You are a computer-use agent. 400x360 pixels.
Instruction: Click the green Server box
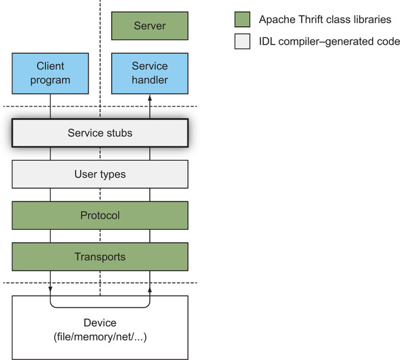click(150, 26)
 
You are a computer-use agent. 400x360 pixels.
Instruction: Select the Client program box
click(50, 73)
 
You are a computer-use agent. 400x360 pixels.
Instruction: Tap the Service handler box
click(150, 73)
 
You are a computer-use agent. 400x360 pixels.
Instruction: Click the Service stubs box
click(100, 133)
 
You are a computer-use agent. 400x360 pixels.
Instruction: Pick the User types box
click(100, 174)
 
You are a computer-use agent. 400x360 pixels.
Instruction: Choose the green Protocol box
click(100, 216)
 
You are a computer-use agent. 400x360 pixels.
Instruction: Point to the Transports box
click(100, 257)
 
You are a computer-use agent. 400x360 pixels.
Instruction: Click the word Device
click(100, 323)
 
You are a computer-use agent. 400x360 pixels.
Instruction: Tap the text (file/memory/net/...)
click(100, 337)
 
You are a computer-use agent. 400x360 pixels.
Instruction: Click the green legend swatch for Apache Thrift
click(242, 20)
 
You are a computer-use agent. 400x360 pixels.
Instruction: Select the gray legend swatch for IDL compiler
click(242, 41)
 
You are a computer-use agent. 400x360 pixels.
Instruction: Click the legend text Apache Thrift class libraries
click(325, 20)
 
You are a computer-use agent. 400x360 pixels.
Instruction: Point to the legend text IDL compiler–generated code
click(329, 41)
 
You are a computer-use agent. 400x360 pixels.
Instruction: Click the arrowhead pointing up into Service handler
click(150, 98)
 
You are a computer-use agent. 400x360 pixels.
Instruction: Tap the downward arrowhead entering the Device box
click(50, 289)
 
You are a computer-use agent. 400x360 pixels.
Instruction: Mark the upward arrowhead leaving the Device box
click(150, 290)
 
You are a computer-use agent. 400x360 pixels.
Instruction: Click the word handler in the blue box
click(150, 80)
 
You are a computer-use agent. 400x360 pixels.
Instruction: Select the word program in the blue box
click(50, 81)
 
